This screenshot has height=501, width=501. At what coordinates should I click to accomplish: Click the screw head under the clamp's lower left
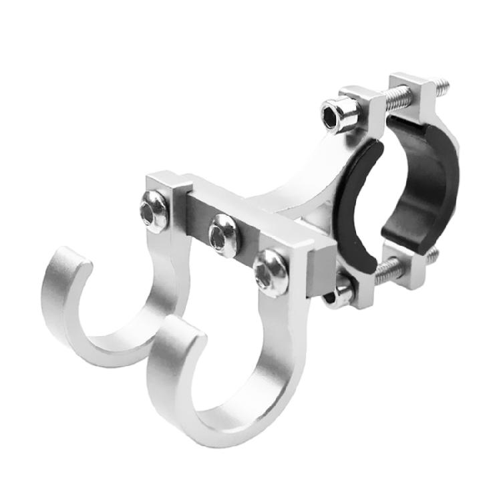click(340, 295)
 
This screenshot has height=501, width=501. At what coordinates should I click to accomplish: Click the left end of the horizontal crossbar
click(160, 187)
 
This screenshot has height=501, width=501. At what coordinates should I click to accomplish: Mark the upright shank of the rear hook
click(170, 267)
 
